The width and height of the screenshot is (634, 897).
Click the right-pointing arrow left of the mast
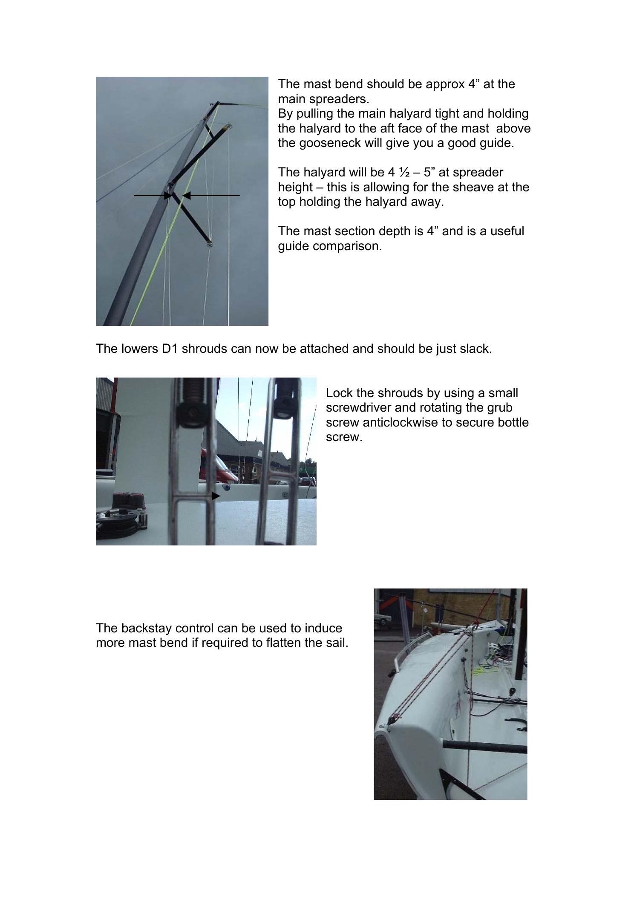click(x=153, y=196)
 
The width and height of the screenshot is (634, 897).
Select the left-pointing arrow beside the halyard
click(x=211, y=196)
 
